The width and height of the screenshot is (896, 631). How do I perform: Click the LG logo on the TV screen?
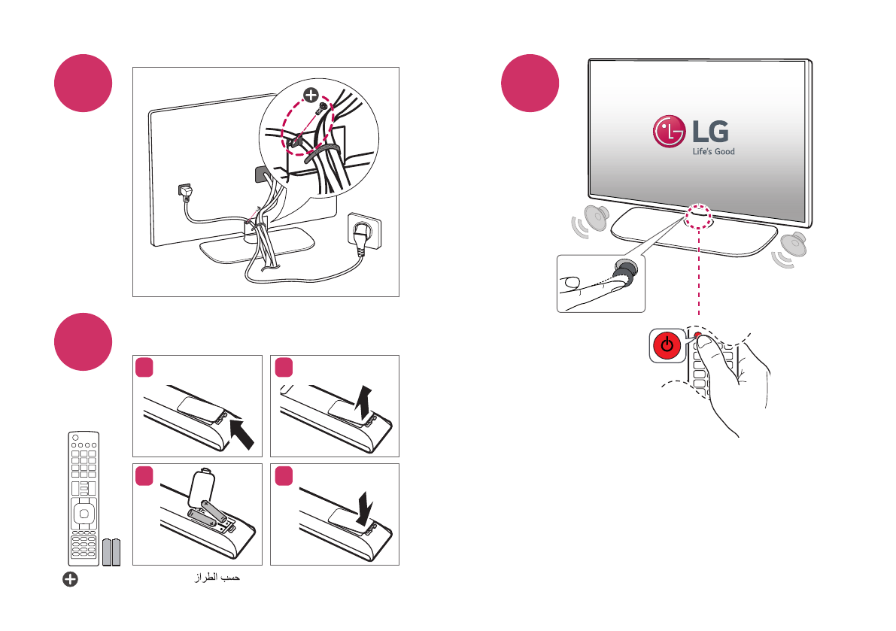(x=691, y=133)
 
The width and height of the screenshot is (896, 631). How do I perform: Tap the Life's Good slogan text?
(x=712, y=151)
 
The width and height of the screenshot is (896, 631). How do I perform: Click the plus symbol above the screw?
(x=310, y=95)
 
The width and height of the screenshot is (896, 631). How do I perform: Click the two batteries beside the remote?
(x=111, y=552)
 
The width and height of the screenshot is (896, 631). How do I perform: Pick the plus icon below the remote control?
(x=70, y=579)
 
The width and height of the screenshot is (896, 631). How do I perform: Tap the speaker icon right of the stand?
(x=791, y=247)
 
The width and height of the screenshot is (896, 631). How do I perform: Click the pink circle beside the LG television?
(x=531, y=83)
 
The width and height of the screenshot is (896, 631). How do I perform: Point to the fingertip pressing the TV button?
(x=576, y=283)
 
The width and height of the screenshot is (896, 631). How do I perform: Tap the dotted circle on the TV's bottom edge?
(x=699, y=215)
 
